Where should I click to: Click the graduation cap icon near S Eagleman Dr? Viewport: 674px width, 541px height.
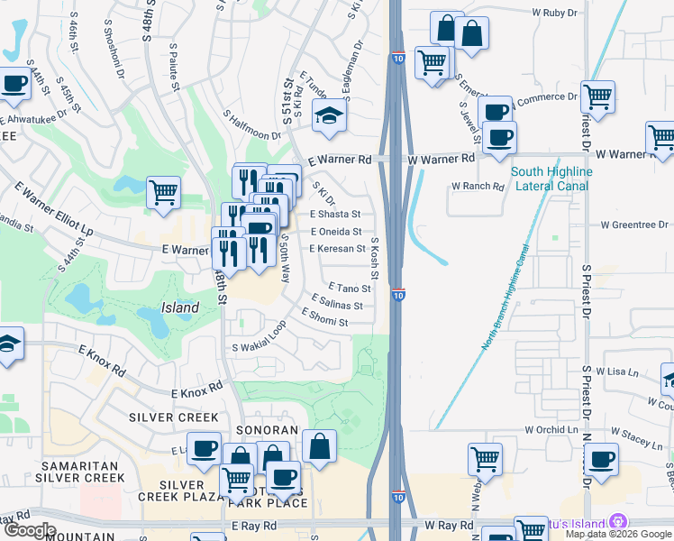click(331, 115)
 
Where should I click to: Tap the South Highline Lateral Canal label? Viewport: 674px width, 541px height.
click(551, 179)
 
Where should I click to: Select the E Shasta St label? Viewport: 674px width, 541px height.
click(335, 215)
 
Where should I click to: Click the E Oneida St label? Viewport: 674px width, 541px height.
click(335, 232)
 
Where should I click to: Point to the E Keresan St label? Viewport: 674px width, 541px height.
click(337, 248)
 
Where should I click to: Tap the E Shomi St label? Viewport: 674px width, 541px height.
click(330, 320)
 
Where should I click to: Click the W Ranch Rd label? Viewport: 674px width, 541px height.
click(477, 186)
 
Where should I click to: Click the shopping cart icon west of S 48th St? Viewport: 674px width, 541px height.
click(163, 191)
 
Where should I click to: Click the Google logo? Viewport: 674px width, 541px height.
click(30, 529)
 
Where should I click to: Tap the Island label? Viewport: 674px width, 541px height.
click(180, 307)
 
